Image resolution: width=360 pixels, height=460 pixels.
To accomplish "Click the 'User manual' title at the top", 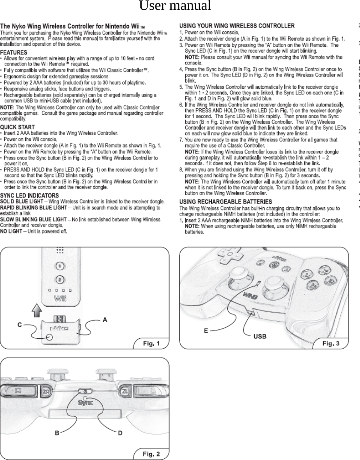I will (x=175, y=6).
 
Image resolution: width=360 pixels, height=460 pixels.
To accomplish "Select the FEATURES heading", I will (x=14, y=52).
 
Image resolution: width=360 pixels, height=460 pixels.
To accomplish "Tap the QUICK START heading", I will (x=18, y=127).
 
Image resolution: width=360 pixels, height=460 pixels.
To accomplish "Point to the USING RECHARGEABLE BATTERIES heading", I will (x=225, y=202).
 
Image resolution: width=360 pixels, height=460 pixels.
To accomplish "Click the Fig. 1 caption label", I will (x=151, y=343).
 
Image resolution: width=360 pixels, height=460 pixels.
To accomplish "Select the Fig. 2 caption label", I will (x=151, y=454).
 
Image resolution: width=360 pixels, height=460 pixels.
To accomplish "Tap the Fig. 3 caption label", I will (x=330, y=343).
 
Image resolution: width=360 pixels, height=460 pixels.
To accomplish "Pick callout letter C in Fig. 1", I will (x=20, y=325).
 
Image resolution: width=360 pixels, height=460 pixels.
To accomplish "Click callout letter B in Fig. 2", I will (x=57, y=433).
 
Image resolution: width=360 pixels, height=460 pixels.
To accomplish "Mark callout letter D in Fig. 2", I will (x=120, y=433).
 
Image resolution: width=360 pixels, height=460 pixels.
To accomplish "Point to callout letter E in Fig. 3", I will (x=206, y=331).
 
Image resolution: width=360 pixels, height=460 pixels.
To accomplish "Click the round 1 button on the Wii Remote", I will (x=60, y=265).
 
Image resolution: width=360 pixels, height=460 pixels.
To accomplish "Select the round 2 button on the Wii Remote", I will (x=60, y=279).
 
